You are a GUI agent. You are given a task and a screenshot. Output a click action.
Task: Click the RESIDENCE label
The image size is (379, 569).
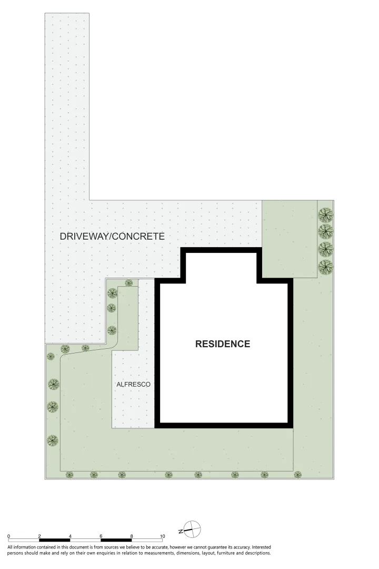(x=223, y=344)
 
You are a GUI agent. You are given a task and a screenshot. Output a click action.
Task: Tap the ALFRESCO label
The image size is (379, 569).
(x=133, y=385)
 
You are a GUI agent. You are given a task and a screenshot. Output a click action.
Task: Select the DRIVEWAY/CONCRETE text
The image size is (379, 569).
(x=112, y=237)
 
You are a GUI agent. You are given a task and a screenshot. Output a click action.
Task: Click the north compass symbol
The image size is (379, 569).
(x=193, y=528)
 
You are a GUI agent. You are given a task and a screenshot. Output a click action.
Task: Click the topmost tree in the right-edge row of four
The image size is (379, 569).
(x=326, y=214)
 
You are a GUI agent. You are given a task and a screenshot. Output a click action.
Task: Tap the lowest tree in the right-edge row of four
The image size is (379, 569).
(x=326, y=267)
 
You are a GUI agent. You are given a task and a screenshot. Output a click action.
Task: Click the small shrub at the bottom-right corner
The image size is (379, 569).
(x=297, y=474)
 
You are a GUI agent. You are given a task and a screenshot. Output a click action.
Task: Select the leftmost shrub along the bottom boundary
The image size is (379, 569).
(x=69, y=475)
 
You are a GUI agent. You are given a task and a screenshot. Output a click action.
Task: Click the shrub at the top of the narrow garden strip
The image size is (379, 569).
(x=128, y=283)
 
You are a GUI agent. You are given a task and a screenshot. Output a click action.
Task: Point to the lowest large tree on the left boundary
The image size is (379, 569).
(x=52, y=439)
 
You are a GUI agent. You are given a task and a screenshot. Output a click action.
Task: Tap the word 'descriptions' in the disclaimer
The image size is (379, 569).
(x=255, y=554)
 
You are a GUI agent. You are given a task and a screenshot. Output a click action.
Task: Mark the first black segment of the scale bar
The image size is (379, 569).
(x=55, y=539)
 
